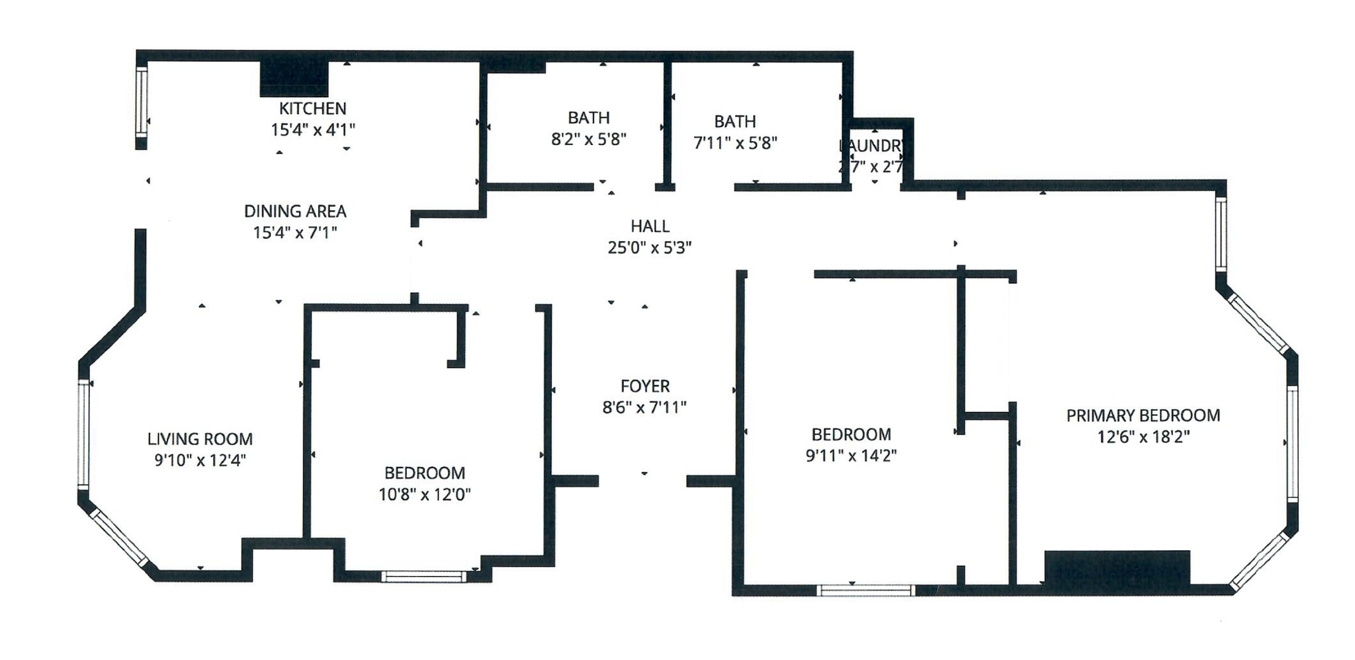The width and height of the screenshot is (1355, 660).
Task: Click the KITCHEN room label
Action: click(x=312, y=108)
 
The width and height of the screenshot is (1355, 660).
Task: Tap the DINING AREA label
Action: click(x=295, y=212)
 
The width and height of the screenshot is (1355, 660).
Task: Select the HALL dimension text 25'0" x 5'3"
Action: click(x=650, y=248)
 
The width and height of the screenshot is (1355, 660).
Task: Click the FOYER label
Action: click(x=645, y=386)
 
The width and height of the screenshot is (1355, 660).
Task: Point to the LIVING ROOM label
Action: click(x=200, y=439)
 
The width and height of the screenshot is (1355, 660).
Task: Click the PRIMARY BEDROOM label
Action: click(x=1143, y=416)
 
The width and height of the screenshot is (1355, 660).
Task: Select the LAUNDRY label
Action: click(x=872, y=146)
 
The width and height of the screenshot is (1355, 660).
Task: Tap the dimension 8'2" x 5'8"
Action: click(x=588, y=140)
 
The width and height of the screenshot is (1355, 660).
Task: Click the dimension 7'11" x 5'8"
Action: click(x=735, y=143)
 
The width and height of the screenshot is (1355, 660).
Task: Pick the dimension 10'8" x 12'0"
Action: click(x=424, y=495)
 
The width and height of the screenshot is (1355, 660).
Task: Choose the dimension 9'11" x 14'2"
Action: click(x=851, y=456)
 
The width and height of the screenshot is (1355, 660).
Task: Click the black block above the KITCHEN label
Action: click(x=294, y=79)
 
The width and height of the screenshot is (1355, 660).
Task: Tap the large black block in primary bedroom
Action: click(x=1117, y=567)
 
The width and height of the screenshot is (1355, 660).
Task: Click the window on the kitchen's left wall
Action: click(x=141, y=103)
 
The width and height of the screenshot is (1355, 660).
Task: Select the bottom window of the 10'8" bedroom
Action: click(x=423, y=577)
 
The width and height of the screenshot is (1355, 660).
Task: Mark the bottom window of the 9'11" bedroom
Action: click(x=866, y=591)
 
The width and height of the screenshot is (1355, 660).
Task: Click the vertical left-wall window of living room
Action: click(x=83, y=434)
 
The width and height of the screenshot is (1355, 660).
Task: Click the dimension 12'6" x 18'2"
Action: click(x=1143, y=437)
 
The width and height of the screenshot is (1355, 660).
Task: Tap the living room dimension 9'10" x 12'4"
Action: click(x=200, y=460)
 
